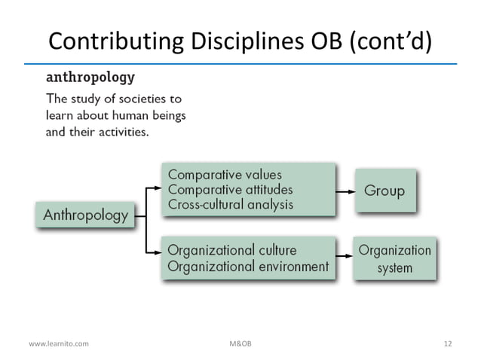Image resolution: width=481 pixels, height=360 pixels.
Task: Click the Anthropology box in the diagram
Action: point(86,215)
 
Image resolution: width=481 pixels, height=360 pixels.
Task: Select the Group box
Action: point(384,191)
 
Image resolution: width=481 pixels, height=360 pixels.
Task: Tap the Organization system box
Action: point(395,258)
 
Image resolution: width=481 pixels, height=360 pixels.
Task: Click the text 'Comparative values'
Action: point(225,175)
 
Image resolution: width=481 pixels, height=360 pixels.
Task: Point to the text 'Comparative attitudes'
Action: point(230,190)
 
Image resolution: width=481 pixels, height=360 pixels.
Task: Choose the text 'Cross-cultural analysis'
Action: point(229,204)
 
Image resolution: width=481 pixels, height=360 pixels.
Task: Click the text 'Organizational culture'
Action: point(231,250)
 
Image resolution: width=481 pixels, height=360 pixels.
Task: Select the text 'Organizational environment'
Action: point(247,266)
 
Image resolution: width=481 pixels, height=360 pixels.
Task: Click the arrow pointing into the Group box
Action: point(346,191)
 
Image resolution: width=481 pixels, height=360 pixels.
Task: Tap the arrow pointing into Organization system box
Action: point(345,258)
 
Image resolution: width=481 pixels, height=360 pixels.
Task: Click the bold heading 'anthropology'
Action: point(90,78)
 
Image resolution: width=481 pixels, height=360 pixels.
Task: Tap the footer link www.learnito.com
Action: point(58,343)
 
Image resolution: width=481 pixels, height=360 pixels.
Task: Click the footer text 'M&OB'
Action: point(240,343)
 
